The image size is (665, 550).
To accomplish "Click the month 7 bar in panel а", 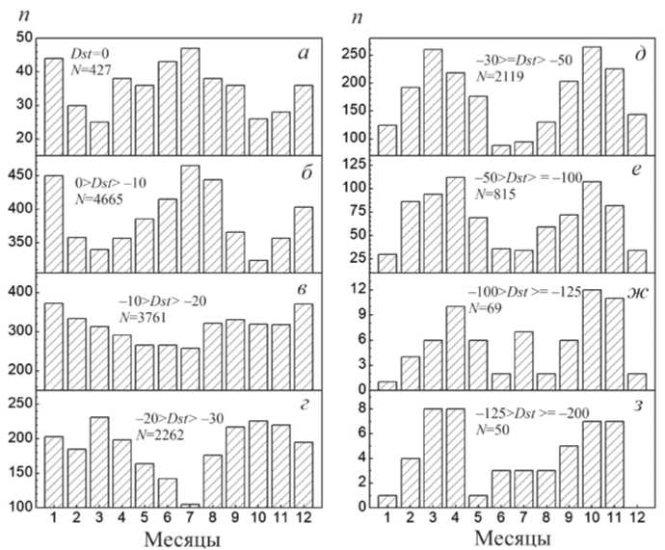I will point(190,101).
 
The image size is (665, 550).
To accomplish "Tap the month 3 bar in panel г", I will point(97,461).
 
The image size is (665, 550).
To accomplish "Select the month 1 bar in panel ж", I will point(386,385).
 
